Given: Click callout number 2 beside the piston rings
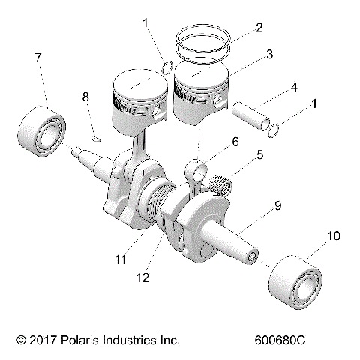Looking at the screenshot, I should click(x=259, y=28).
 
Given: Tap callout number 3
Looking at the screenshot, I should click(x=268, y=55).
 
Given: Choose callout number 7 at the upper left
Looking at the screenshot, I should click(x=37, y=58).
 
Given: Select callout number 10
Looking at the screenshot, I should click(x=332, y=235).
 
